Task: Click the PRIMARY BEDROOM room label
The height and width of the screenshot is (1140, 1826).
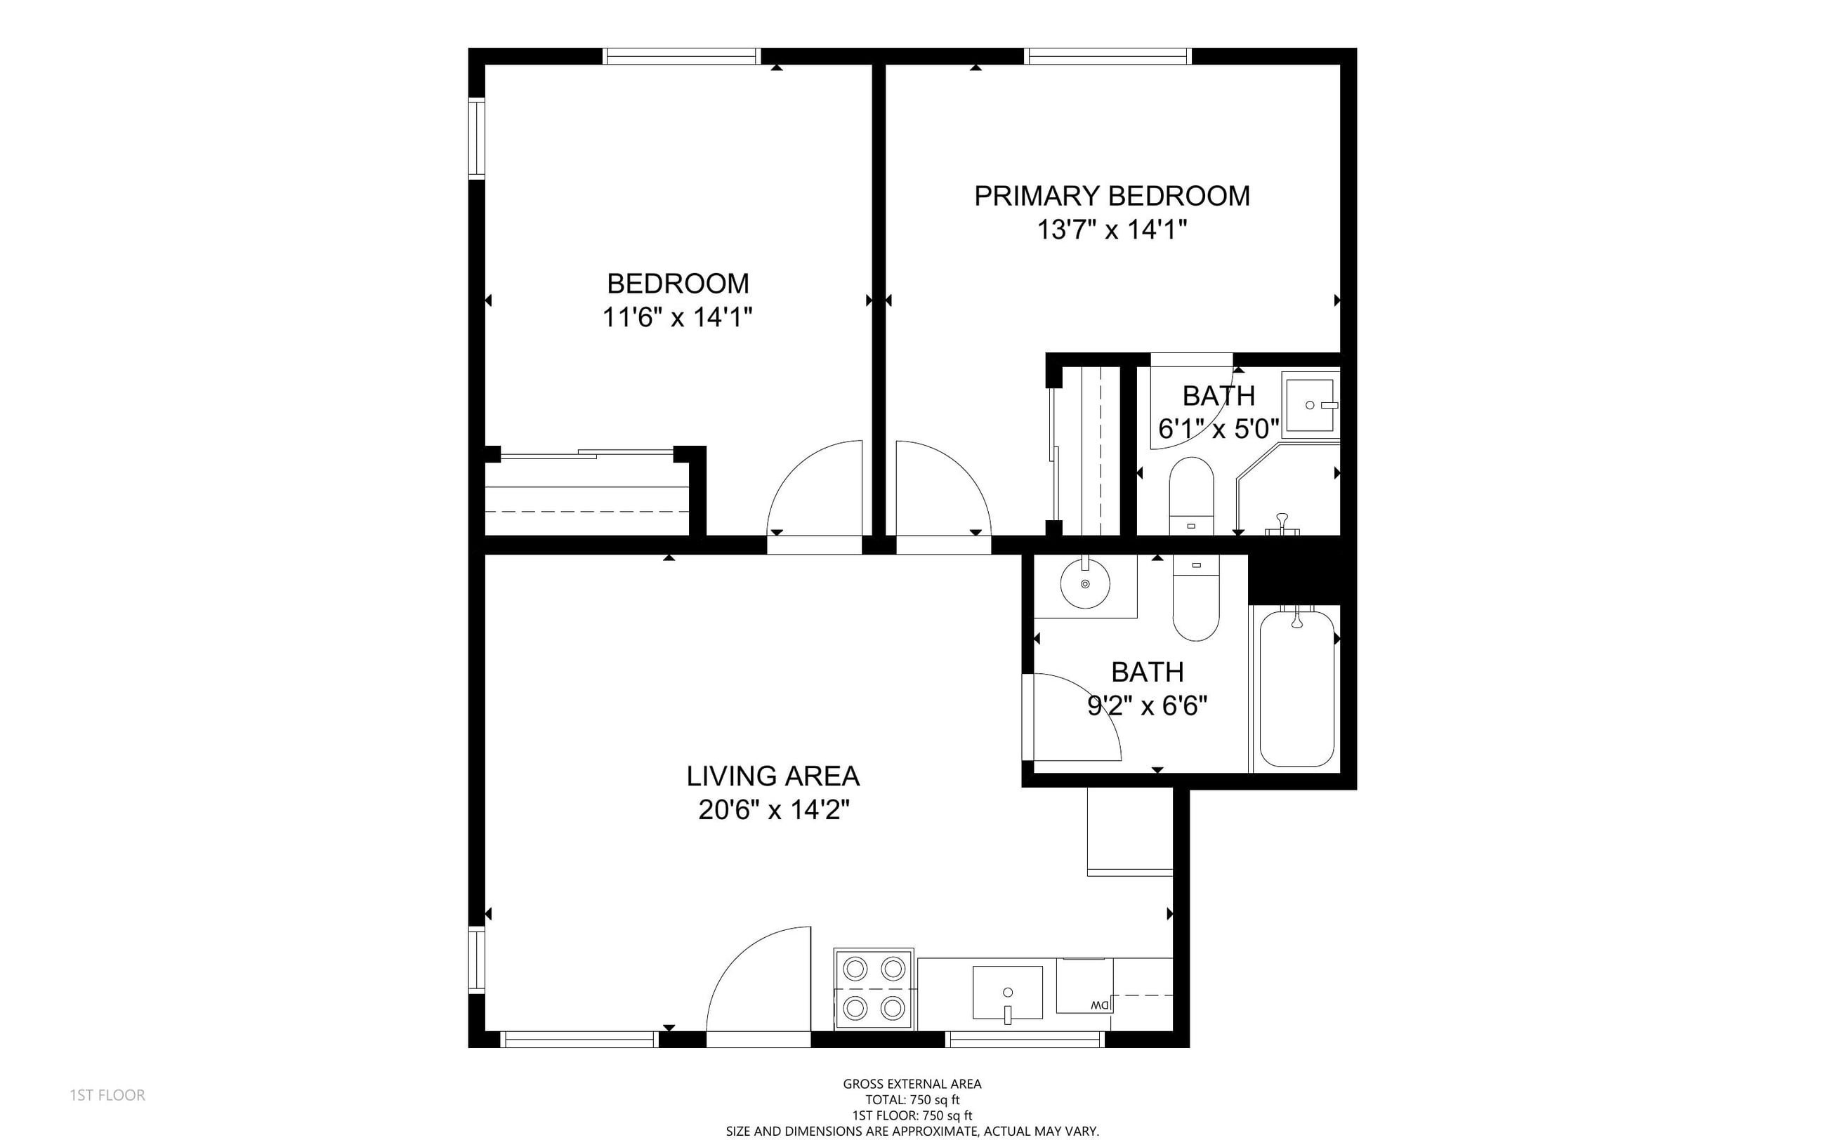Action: click(1112, 196)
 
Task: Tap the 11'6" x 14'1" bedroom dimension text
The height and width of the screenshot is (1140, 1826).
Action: click(677, 317)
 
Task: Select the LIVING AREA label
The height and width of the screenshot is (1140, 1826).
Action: click(773, 776)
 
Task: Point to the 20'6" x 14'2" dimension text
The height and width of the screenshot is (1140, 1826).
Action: click(774, 811)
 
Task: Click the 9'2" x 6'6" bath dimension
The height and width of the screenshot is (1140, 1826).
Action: click(1147, 706)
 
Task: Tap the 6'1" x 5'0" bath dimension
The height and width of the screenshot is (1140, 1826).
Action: click(1219, 429)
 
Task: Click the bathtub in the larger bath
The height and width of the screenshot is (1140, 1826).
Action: click(1296, 689)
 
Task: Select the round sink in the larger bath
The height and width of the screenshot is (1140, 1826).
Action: click(1085, 584)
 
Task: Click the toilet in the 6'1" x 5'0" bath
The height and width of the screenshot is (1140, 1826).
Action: click(1191, 496)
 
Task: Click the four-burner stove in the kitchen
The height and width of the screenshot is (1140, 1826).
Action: click(874, 988)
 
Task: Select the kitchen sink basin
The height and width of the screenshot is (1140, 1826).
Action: click(1008, 992)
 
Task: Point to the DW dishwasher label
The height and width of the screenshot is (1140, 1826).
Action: click(1100, 1006)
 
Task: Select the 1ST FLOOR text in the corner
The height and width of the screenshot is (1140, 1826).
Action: click(108, 1095)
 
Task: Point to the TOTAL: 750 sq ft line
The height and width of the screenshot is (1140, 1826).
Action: click(912, 1100)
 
